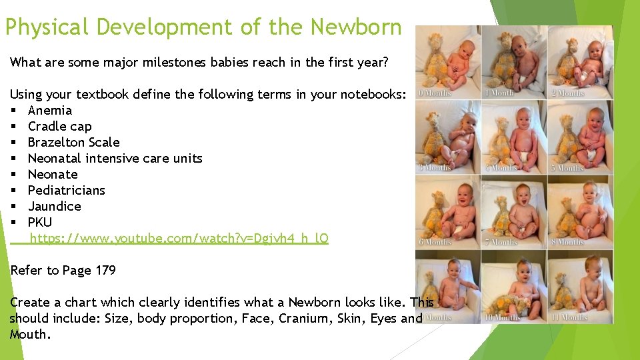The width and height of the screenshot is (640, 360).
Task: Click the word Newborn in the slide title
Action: [356, 27]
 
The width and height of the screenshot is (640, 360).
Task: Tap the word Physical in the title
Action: [47, 27]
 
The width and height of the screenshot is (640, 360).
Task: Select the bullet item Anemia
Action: [50, 111]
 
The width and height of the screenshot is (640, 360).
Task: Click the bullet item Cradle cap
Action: [60, 127]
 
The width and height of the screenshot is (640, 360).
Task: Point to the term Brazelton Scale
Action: [74, 143]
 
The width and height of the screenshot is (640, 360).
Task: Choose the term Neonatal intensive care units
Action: [115, 159]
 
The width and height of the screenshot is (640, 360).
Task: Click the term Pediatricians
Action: [67, 191]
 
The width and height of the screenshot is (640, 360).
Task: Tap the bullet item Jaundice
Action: [55, 207]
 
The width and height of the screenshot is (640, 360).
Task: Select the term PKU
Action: [40, 223]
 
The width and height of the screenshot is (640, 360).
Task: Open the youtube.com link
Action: [179, 239]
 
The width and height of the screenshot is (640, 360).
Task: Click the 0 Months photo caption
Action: [435, 93]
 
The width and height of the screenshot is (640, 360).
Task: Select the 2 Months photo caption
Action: [567, 93]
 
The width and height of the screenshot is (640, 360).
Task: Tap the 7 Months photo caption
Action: [501, 242]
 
